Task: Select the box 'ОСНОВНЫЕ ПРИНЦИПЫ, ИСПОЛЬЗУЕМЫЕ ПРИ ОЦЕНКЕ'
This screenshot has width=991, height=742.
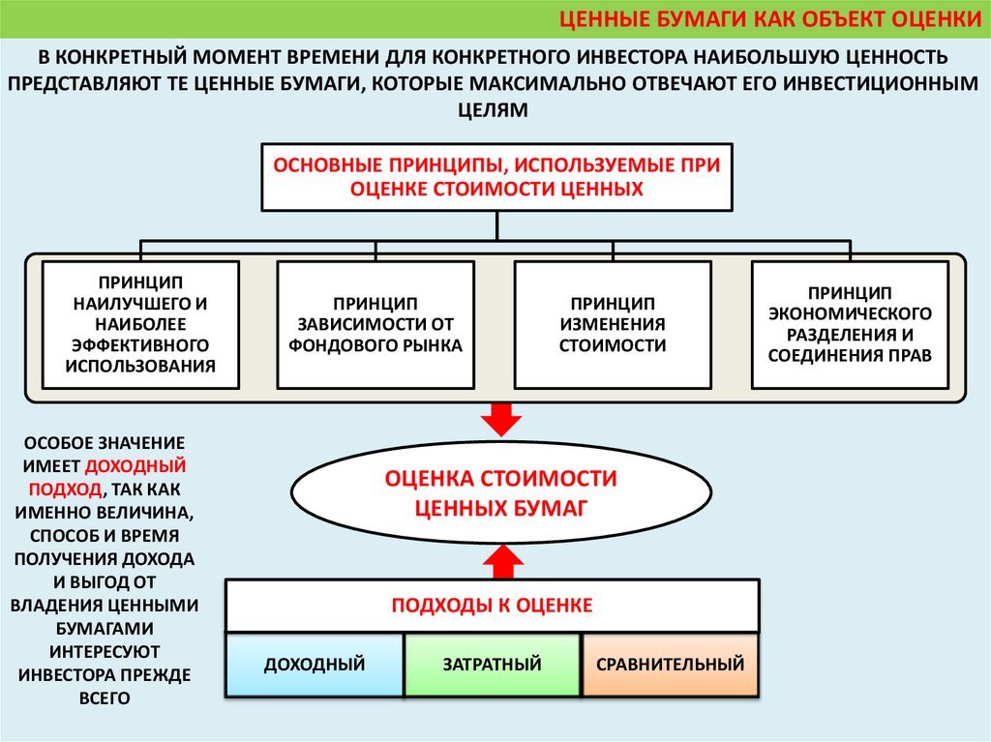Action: pyautogui.click(x=497, y=177)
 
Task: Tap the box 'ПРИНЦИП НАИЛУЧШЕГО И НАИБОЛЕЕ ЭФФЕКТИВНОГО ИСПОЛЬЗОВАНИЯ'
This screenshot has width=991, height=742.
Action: pyautogui.click(x=141, y=324)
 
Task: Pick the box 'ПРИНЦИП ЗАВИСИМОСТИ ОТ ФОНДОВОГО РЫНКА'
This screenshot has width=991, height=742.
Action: pyautogui.click(x=376, y=324)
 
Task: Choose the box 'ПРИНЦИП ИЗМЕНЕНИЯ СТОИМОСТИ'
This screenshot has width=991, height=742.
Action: pyautogui.click(x=612, y=324)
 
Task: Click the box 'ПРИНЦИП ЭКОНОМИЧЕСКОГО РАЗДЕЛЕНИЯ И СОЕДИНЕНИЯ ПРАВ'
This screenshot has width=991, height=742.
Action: pyautogui.click(x=850, y=324)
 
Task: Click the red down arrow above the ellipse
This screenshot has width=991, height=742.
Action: pyautogui.click(x=500, y=418)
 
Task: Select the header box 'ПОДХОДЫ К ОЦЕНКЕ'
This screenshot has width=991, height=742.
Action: pyautogui.click(x=492, y=606)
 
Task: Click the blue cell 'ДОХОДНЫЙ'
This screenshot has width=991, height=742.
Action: pyautogui.click(x=315, y=665)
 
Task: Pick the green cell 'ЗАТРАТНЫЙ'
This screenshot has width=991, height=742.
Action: pyautogui.click(x=492, y=665)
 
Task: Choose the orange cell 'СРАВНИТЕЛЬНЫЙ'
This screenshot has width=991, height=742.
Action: pyautogui.click(x=671, y=665)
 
